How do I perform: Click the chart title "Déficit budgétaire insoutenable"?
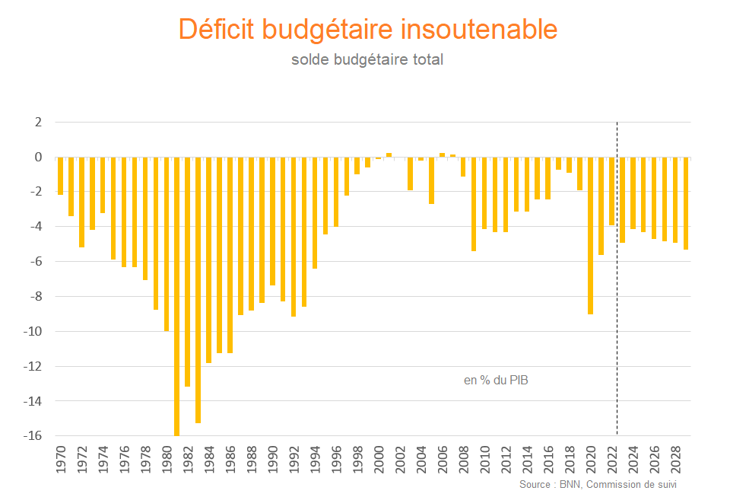coord(368,29)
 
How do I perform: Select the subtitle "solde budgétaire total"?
coord(367,59)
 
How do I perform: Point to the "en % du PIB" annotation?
coord(495,380)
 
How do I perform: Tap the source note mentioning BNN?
coord(598,484)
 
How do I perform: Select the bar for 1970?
coord(61,176)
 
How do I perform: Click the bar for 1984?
coord(209,260)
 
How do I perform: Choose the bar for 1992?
coord(294,237)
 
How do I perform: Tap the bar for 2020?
coord(590,236)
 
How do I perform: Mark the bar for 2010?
coord(484,193)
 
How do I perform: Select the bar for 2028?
coord(675,200)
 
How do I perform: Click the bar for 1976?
coord(124,212)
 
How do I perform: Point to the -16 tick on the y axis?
coord(35,436)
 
